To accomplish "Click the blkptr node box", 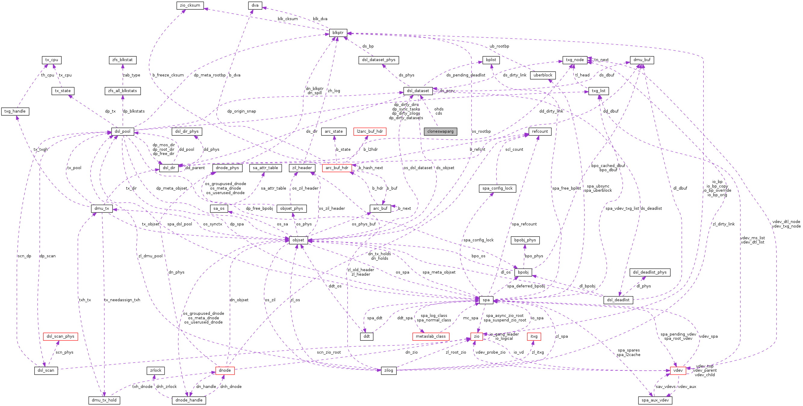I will click(x=338, y=33).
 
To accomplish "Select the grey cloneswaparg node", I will click(x=440, y=132).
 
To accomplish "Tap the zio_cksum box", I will click(x=190, y=5).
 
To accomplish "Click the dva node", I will click(x=255, y=5).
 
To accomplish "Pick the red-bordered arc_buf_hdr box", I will click(x=337, y=168).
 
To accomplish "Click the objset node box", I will click(x=298, y=240).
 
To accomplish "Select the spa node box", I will click(x=486, y=300).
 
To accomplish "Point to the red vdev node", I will click(x=678, y=370).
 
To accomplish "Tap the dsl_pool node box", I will click(x=122, y=132).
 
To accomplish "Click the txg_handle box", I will click(x=15, y=111).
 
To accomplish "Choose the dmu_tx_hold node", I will click(x=104, y=400).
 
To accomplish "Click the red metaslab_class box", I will click(x=430, y=336).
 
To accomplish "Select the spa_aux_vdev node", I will click(x=655, y=400).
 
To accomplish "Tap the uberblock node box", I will click(x=543, y=75).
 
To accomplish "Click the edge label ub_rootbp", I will click(x=499, y=46).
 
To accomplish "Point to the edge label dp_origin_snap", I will click(x=241, y=111).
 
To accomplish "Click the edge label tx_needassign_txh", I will click(x=122, y=300).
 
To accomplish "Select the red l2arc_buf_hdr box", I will click(x=370, y=132).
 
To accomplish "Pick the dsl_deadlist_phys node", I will click(x=650, y=272).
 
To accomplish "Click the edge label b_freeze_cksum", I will click(x=168, y=75).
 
